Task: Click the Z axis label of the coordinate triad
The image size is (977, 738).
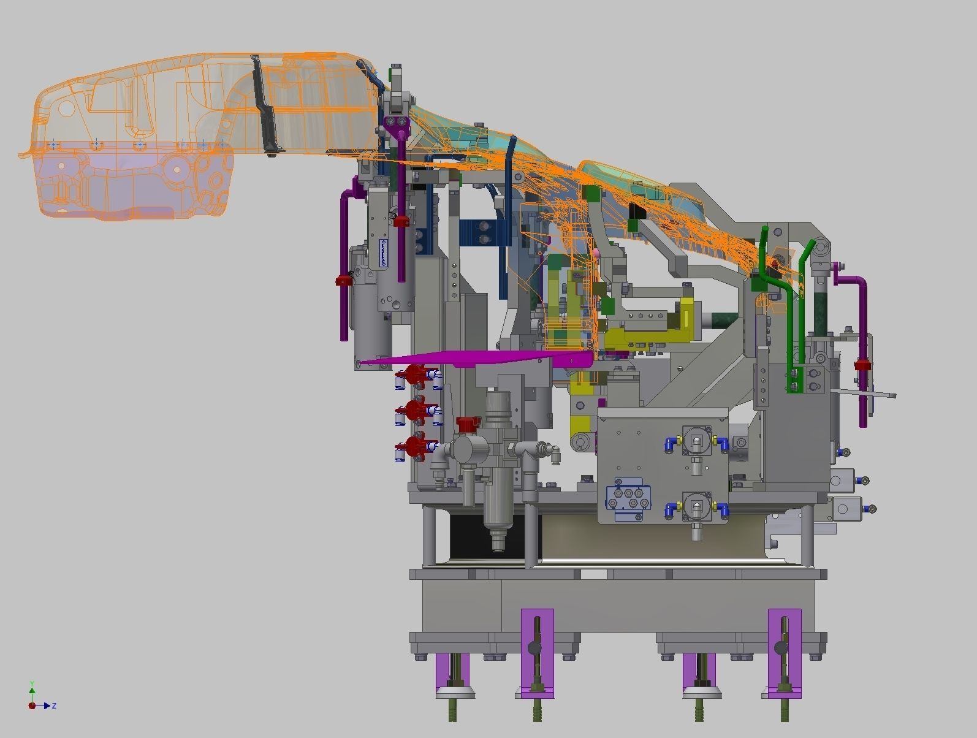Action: pos(54,706)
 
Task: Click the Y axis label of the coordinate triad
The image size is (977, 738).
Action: pos(32,683)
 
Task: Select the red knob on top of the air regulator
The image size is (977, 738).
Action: pos(468,424)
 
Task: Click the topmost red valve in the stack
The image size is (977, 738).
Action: pos(416,375)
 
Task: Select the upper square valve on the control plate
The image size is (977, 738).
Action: pos(696,439)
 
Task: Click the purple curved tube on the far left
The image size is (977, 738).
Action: pos(345,257)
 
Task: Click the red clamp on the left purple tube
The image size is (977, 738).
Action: pos(344,281)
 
